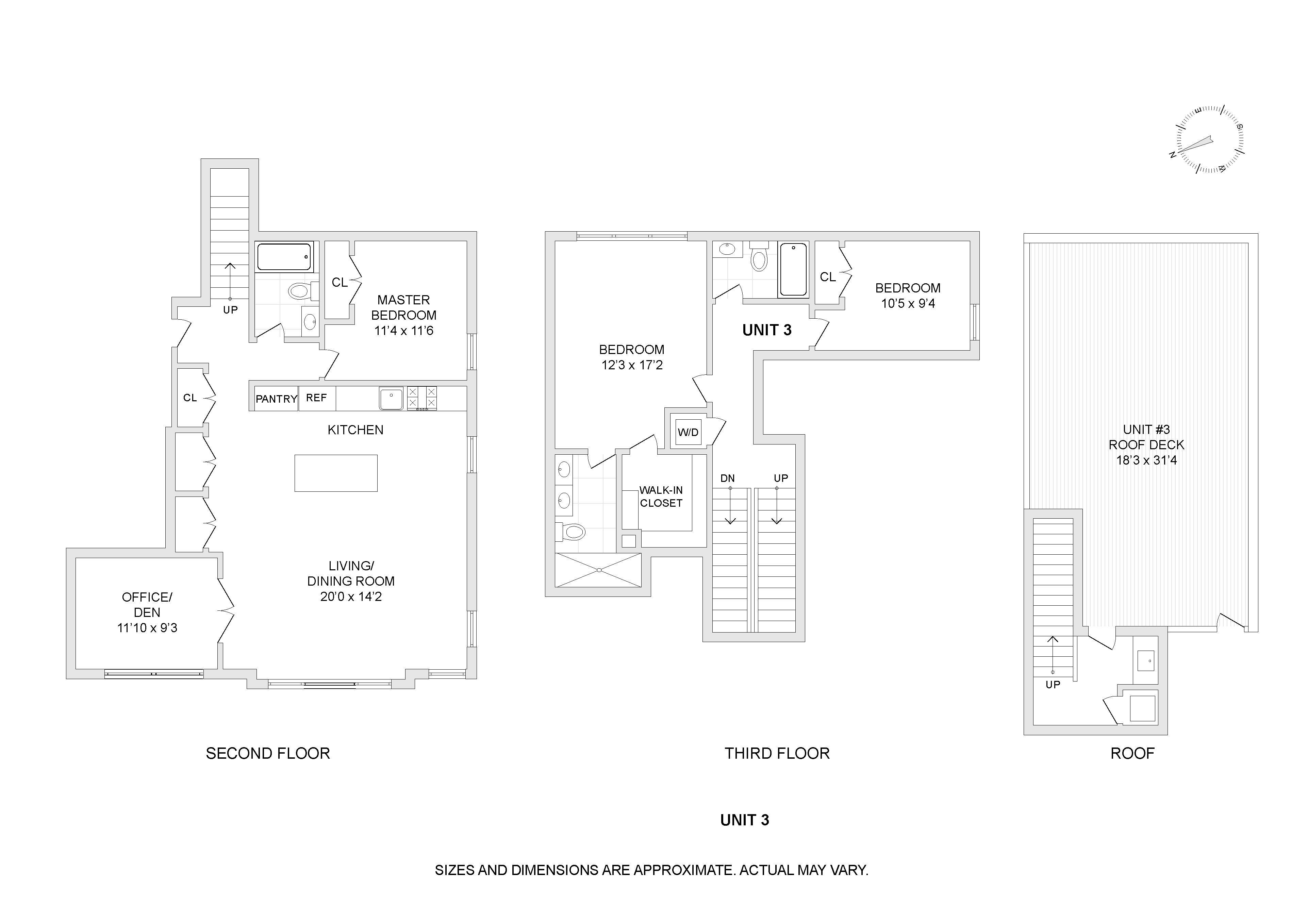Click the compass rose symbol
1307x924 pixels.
click(1210, 139)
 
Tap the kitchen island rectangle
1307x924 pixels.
click(336, 473)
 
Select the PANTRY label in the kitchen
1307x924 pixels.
click(276, 399)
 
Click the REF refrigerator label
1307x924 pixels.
click(316, 398)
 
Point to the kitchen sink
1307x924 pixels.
click(391, 398)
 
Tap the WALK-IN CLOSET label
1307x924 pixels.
click(661, 496)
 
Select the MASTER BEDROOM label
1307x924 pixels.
click(403, 307)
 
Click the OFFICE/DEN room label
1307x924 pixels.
click(147, 604)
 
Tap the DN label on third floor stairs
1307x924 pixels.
click(728, 478)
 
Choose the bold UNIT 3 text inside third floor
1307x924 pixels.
click(767, 330)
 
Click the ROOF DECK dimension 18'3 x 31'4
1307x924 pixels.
click(1146, 460)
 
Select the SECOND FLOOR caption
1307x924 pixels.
click(267, 753)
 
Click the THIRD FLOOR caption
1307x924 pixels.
click(777, 753)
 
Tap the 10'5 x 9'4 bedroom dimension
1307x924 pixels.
click(908, 303)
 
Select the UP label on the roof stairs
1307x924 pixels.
click(1053, 685)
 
